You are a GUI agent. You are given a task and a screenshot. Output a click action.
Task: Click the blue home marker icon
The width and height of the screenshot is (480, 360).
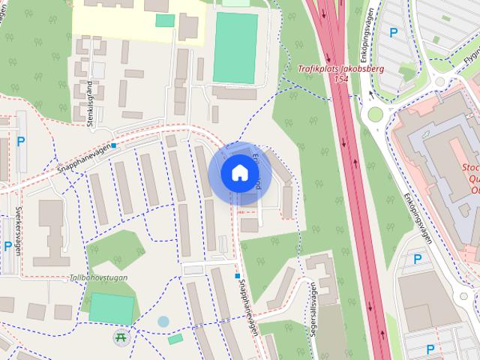pos(239,172)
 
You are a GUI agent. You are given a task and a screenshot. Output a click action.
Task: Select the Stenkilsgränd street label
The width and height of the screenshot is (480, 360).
pos(91,106)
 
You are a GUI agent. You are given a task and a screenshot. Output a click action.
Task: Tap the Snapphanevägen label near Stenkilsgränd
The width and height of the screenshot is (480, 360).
pos(83,158)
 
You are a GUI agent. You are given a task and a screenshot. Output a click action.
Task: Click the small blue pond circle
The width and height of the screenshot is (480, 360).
pos(163,322)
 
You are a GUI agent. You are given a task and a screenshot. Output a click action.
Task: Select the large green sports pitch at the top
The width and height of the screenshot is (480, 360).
pos(235,46)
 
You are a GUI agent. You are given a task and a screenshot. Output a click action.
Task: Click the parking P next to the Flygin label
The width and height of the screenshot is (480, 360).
pos(394,31)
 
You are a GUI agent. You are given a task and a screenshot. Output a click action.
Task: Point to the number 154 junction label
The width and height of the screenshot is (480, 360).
pos(342,78)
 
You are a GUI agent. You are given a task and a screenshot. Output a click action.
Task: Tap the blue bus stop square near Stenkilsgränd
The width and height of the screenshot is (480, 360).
pos(114,145)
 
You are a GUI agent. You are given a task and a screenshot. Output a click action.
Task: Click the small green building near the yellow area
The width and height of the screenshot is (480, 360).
pos(165,20)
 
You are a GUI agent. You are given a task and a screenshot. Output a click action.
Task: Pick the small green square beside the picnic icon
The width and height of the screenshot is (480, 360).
pos(175,340)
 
